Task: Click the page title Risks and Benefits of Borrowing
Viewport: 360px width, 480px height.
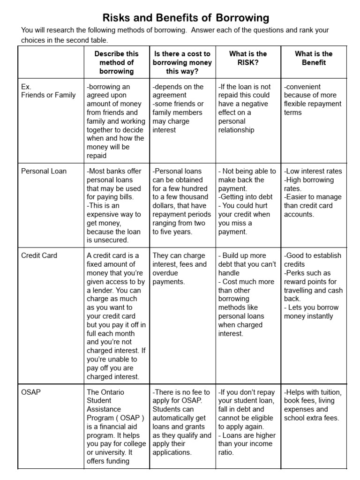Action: click(x=180, y=18)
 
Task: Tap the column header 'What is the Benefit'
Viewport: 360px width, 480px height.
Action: click(x=313, y=58)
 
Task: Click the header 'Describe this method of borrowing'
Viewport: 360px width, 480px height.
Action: click(x=116, y=62)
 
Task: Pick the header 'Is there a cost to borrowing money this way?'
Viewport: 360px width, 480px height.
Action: click(x=182, y=62)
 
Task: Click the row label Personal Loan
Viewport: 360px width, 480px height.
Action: click(x=44, y=171)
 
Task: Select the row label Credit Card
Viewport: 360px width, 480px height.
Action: click(x=39, y=255)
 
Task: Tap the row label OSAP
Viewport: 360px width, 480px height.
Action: click(x=31, y=392)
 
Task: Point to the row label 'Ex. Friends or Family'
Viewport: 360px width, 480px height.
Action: click(x=48, y=91)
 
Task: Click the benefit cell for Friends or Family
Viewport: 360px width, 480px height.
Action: click(x=313, y=99)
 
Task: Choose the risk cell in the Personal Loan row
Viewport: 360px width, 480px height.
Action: click(x=247, y=201)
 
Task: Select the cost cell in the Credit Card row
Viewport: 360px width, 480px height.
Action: click(x=182, y=269)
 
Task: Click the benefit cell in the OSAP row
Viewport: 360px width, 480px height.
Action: click(x=313, y=405)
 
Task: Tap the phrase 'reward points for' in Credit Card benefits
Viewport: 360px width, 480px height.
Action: click(x=310, y=282)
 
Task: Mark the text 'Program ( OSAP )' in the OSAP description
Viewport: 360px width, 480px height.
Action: click(x=115, y=418)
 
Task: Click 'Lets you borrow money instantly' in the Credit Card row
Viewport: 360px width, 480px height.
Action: click(x=309, y=312)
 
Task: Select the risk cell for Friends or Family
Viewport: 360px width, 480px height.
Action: click(x=247, y=108)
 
